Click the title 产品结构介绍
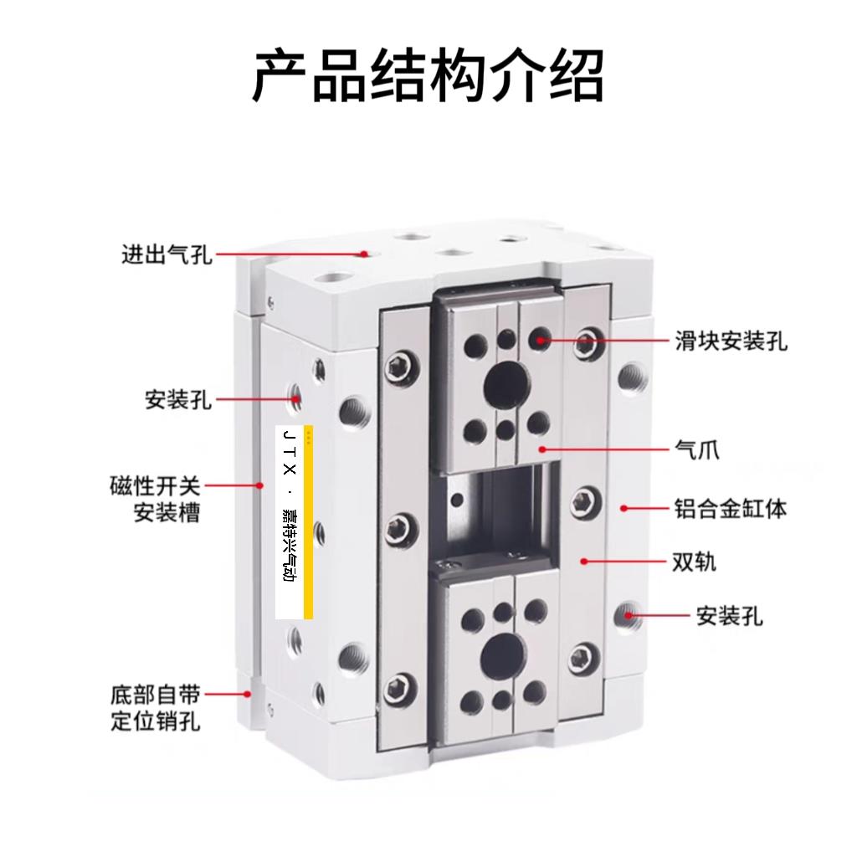tap(428, 75)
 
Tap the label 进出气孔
tap(167, 254)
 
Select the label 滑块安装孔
tap(731, 341)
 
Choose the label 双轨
tap(695, 562)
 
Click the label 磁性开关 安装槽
tap(156, 499)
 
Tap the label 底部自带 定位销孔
tap(156, 707)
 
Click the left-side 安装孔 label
tap(178, 400)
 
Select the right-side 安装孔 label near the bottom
tap(730, 617)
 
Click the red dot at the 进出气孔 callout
tap(365, 253)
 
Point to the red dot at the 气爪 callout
tap(542, 449)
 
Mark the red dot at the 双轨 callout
tap(583, 562)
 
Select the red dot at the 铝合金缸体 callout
tap(623, 508)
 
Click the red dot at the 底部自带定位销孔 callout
tap(247, 694)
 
